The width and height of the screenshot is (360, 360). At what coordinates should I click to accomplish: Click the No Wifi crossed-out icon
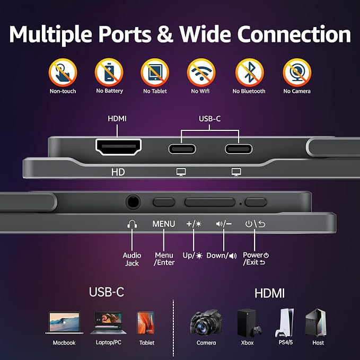pos(201,73)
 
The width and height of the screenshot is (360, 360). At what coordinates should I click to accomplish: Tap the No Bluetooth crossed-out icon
pos(250,73)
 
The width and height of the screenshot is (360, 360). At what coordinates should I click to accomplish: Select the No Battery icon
pos(109,73)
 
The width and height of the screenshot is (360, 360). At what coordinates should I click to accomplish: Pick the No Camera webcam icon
pos(297,73)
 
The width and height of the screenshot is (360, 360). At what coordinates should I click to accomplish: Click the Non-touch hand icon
pos(63,73)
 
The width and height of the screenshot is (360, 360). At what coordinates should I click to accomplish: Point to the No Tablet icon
pos(155,73)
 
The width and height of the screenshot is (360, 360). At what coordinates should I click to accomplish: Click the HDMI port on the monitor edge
pos(118,147)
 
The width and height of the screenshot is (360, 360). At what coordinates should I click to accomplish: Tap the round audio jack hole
pos(133,202)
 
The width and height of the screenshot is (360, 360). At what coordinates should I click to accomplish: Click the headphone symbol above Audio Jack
pos(132,224)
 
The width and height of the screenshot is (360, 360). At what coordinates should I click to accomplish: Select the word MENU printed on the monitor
pos(164,224)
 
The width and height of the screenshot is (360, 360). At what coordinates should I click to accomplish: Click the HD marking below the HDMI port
pos(118,172)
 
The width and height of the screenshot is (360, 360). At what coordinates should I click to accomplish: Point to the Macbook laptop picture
pos(64,322)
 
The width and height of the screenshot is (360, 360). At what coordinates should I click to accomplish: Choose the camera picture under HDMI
pos(206,322)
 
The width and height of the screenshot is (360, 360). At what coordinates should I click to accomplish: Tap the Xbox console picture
pos(249,322)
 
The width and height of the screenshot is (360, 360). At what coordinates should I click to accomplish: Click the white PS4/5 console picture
pos(285,322)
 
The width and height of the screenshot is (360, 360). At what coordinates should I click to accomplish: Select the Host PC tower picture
pos(315,322)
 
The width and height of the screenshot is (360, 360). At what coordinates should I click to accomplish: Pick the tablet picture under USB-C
pos(146,322)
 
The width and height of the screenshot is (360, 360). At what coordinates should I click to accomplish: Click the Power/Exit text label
pos(256,259)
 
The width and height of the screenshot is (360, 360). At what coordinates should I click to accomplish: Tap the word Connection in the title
pos(294,34)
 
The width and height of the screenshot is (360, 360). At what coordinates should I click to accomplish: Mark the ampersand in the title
pos(165,34)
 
